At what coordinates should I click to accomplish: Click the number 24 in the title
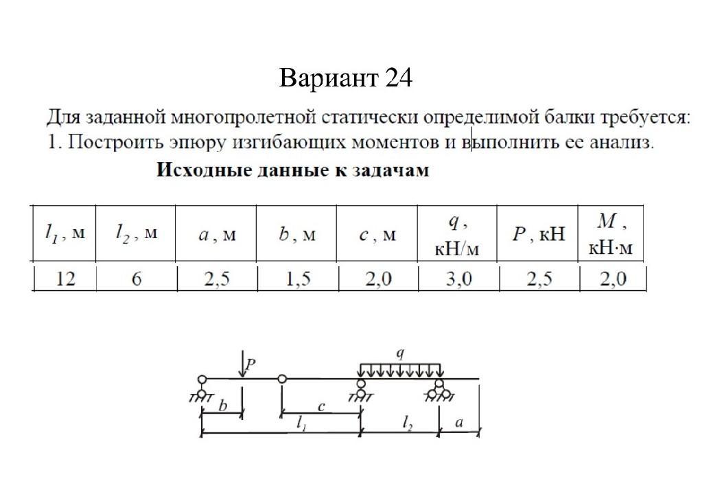click(398, 79)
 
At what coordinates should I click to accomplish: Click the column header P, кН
click(537, 234)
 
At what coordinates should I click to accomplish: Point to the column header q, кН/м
click(457, 235)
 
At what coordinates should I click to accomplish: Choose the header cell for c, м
click(377, 235)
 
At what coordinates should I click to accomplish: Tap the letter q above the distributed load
click(400, 353)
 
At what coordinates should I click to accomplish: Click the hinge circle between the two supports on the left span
click(282, 378)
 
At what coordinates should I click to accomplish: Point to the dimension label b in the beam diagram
click(222, 406)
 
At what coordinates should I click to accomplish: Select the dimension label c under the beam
click(321, 406)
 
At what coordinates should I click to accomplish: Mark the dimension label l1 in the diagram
click(301, 425)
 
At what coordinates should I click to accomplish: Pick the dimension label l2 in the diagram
click(408, 425)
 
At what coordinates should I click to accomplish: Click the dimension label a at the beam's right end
click(459, 424)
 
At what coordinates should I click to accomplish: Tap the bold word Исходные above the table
click(198, 170)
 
